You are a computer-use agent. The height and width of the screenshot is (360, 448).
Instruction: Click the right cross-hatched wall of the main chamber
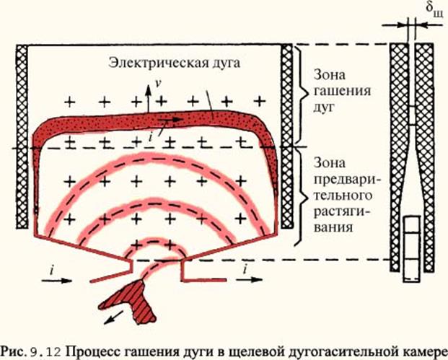(x=288, y=137)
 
